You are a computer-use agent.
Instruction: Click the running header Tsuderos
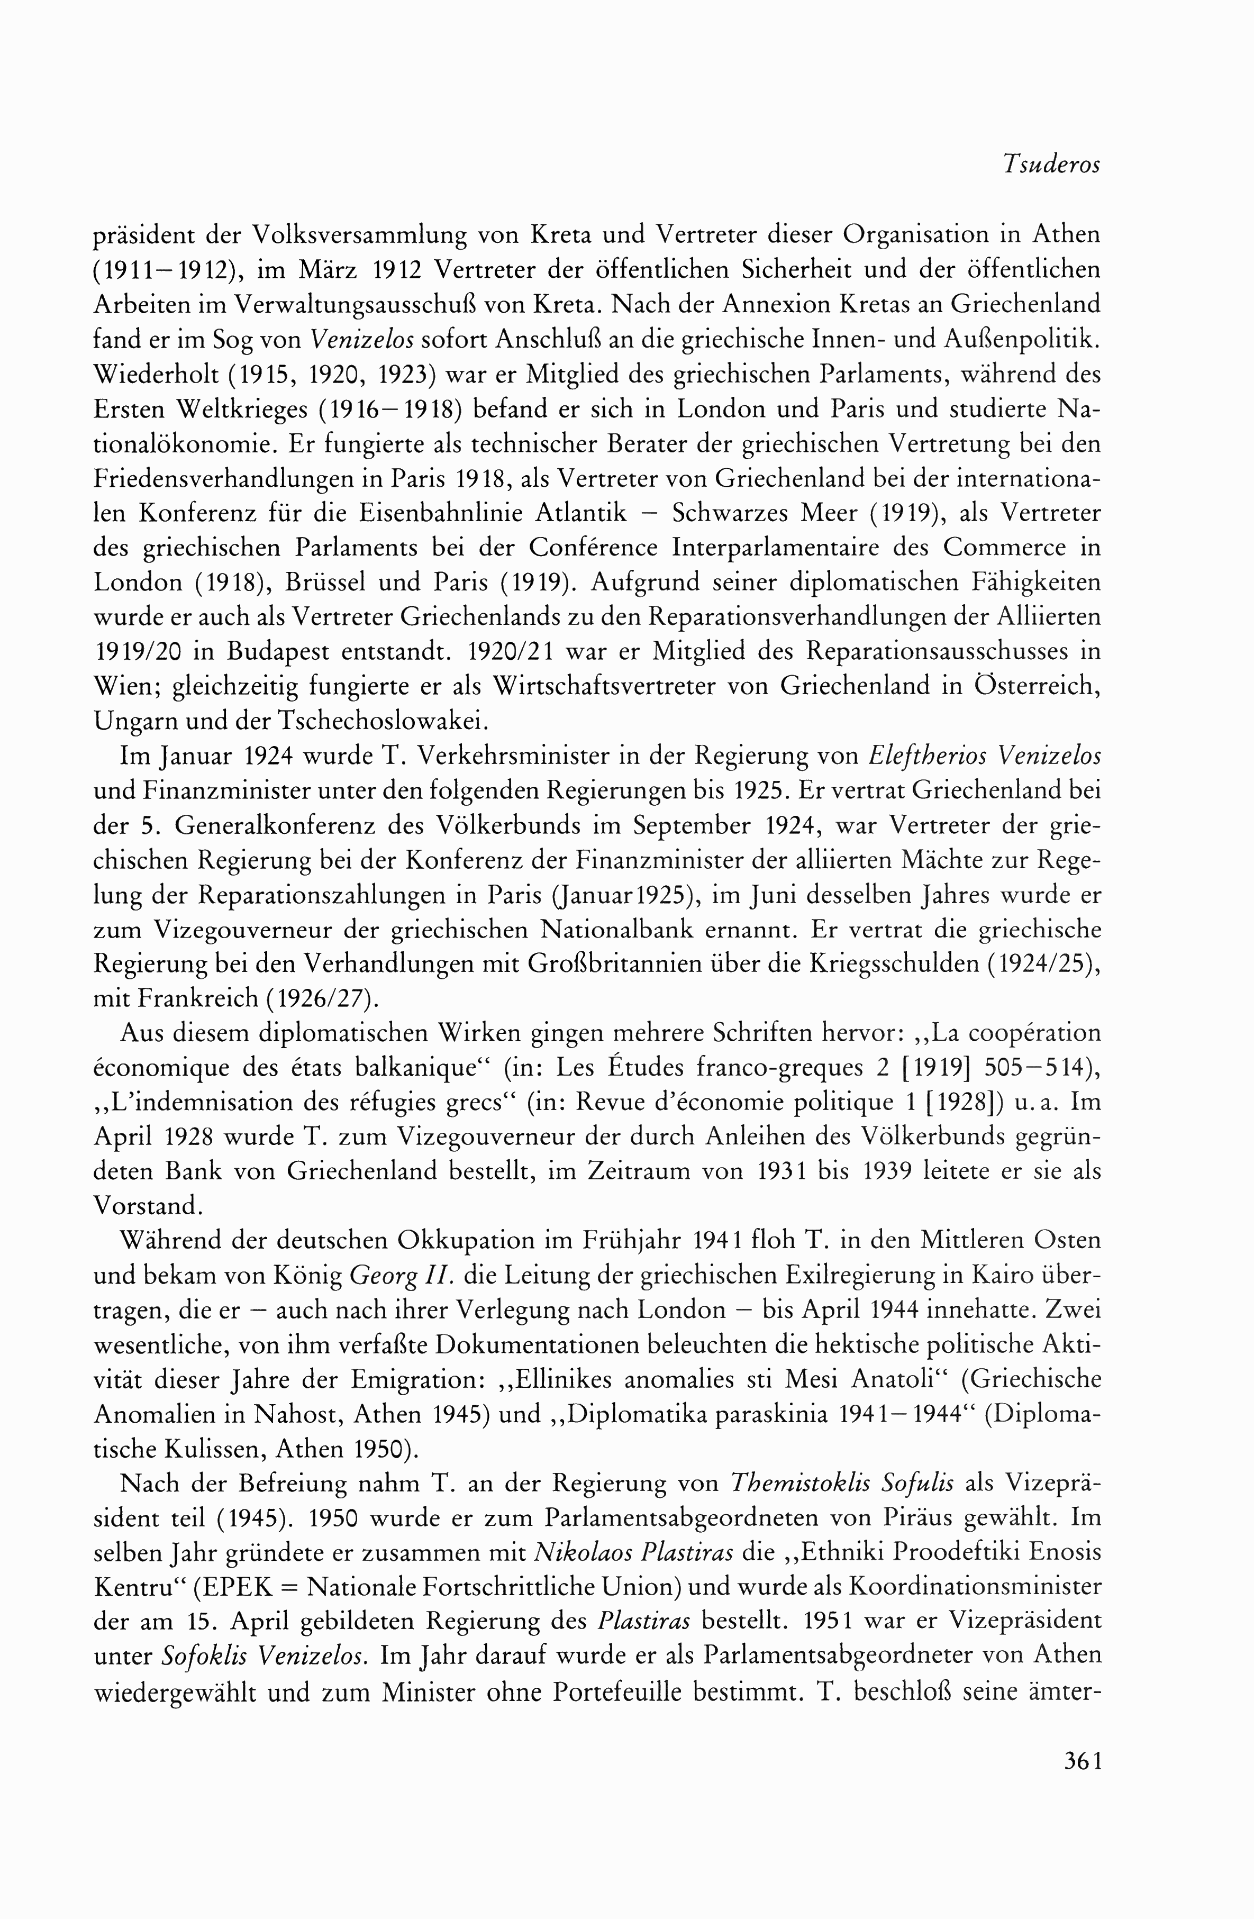pos(1051,165)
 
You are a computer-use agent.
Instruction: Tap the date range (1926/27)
pos(324,1000)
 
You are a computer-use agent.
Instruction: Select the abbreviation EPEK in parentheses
pos(243,1589)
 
